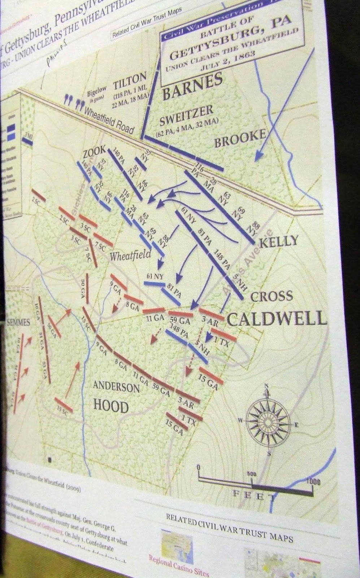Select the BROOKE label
point(240,139)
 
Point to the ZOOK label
point(94,150)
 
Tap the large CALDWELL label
point(277,319)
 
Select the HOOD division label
point(111,406)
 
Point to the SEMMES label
point(18,322)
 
